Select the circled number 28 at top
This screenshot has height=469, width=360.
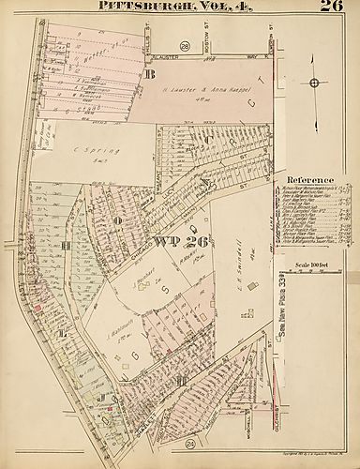point(185,46)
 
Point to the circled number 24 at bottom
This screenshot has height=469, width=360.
point(189,442)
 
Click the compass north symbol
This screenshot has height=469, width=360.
point(314,83)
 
